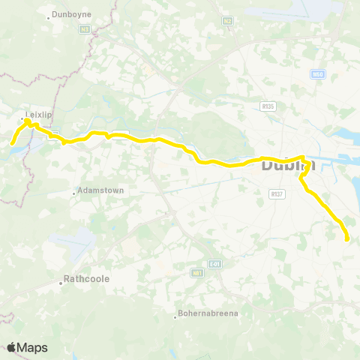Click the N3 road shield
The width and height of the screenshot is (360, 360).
click(x=85, y=29)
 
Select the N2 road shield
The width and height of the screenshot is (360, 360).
click(x=227, y=21)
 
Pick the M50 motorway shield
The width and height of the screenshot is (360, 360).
click(x=317, y=74)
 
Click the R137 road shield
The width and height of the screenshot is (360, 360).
click(x=277, y=193)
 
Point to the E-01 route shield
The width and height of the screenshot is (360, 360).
click(x=215, y=263)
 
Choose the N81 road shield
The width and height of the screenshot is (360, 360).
click(x=197, y=273)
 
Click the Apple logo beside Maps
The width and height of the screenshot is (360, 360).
click(x=12, y=347)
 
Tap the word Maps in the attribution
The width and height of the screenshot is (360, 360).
click(x=33, y=347)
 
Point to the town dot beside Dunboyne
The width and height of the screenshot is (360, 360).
click(x=49, y=16)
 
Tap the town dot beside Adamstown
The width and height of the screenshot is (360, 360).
click(x=74, y=193)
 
